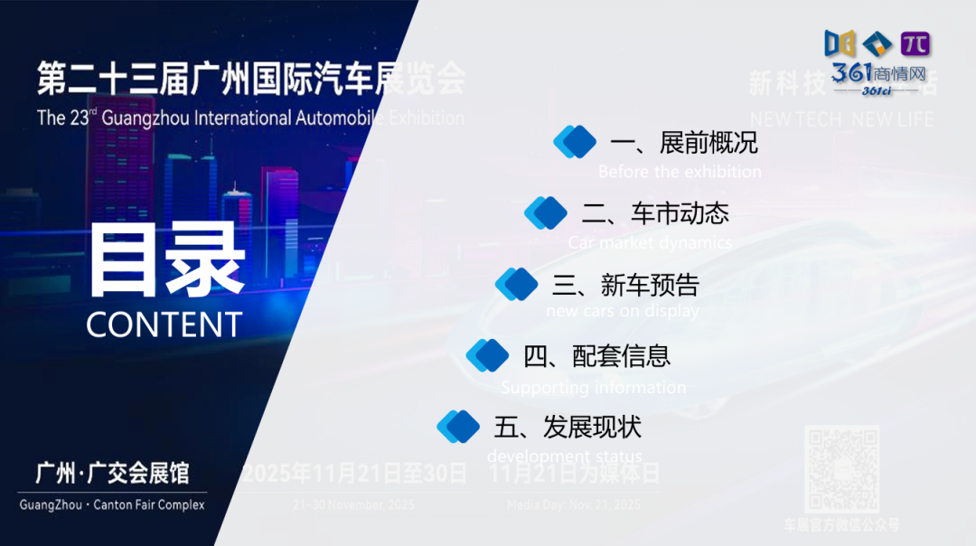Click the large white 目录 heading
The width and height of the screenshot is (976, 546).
(x=167, y=261)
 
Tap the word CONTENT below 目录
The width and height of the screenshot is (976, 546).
(x=164, y=325)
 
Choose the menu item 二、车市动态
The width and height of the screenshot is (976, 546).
(x=655, y=213)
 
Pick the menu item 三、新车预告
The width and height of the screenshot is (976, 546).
(x=626, y=285)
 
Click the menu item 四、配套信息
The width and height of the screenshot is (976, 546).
(x=597, y=355)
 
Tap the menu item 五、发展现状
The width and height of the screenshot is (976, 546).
(x=568, y=426)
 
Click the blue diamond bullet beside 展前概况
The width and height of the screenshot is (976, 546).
(x=575, y=142)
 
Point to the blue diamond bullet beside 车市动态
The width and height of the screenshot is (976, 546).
(x=546, y=213)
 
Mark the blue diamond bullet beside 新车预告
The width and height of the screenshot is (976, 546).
(x=517, y=284)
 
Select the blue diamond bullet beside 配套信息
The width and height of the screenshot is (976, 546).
(x=488, y=355)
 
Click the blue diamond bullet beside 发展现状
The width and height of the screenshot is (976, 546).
(x=458, y=426)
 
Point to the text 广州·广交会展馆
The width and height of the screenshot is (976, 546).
(x=112, y=473)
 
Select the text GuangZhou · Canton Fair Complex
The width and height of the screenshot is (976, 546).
(x=112, y=504)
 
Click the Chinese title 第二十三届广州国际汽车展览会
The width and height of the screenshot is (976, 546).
(x=250, y=80)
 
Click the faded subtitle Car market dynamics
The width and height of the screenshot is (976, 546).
(x=650, y=242)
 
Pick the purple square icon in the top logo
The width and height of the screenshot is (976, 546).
(x=915, y=43)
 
